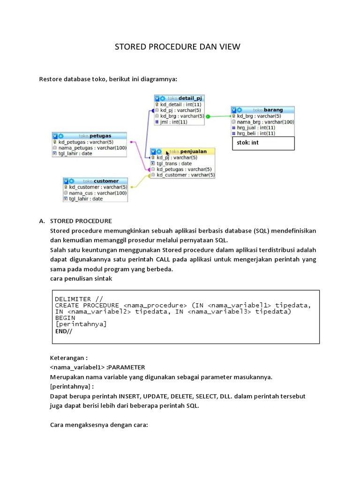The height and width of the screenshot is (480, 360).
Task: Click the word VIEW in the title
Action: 227,46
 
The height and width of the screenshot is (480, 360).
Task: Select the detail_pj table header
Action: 180,98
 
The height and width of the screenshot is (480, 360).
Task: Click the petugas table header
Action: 89,135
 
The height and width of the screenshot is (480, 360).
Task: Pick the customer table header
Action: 96,181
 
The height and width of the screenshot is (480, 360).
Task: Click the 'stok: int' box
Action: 263,143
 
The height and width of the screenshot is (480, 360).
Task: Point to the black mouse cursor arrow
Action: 167,153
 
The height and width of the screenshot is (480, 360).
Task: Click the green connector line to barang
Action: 218,116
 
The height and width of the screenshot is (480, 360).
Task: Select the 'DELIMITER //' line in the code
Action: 79,299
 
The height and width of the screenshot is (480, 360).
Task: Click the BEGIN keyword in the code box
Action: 65,317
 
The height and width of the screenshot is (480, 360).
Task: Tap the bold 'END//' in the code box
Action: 64,330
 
